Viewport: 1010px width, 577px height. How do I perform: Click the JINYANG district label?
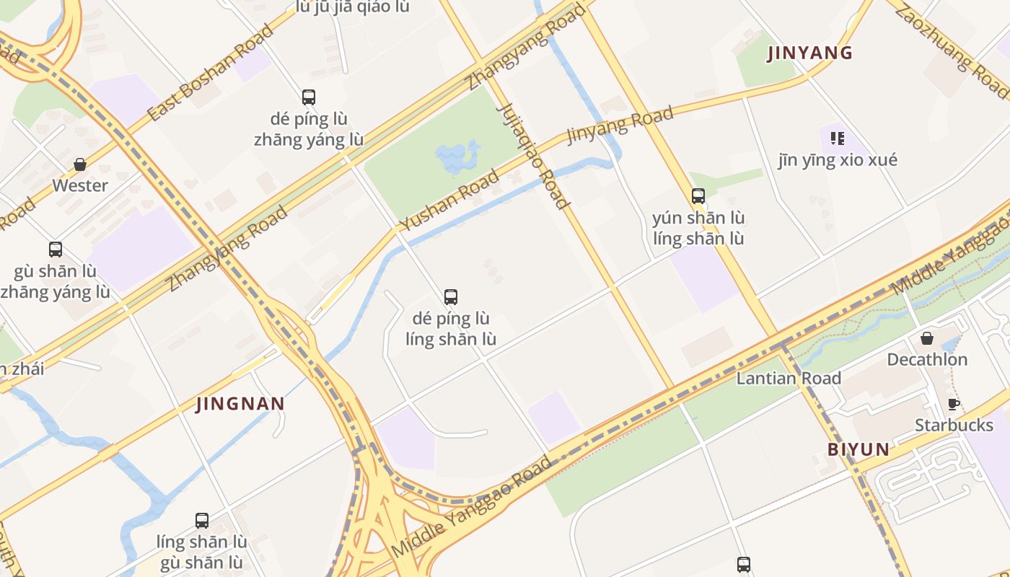809,53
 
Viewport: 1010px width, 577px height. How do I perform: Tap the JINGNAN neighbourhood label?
240,403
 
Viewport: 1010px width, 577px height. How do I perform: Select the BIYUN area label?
858,449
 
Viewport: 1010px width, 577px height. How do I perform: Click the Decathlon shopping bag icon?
927,338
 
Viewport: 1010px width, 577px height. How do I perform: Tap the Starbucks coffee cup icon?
953,404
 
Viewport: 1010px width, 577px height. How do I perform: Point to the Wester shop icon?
80,164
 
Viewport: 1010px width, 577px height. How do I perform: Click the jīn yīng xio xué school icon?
837,138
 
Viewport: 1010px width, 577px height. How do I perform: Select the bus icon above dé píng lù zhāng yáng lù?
309,97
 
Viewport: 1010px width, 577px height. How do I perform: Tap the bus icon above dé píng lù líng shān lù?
451,296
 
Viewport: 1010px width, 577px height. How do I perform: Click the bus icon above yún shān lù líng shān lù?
698,195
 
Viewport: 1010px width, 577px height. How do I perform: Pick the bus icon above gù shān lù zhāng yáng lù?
56,250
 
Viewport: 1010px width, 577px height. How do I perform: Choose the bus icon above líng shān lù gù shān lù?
202,520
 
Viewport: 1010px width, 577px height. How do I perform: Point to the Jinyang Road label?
620,124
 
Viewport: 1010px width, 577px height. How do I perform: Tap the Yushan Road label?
450,200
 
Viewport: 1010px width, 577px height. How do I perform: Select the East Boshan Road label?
210,72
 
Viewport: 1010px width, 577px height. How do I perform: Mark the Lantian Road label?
789,378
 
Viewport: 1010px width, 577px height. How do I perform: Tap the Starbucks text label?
954,425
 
